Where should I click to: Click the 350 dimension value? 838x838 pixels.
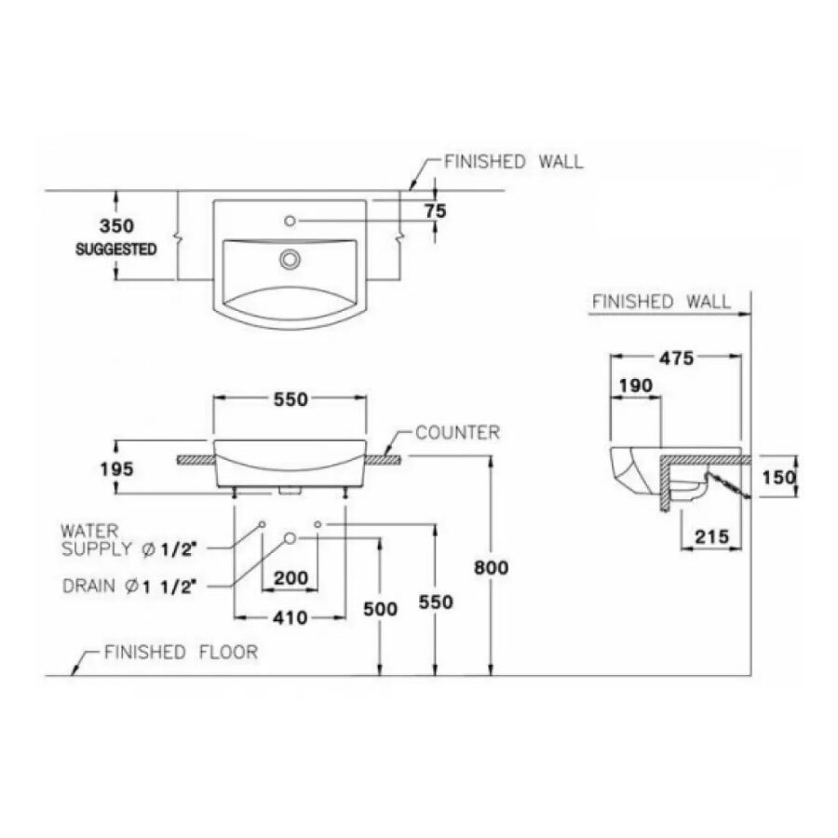[117, 226]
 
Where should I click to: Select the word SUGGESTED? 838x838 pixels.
[116, 250]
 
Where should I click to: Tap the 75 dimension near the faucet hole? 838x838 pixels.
[435, 211]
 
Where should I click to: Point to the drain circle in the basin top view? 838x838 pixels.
[291, 258]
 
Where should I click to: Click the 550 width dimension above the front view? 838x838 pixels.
[290, 399]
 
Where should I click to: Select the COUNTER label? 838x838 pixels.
[457, 433]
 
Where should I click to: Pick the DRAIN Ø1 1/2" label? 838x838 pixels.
[129, 586]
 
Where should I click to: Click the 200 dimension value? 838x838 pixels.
[291, 578]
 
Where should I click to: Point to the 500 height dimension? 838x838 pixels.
[380, 609]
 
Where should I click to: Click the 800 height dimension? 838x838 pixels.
[491, 567]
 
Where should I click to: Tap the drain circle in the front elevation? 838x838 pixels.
[290, 538]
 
